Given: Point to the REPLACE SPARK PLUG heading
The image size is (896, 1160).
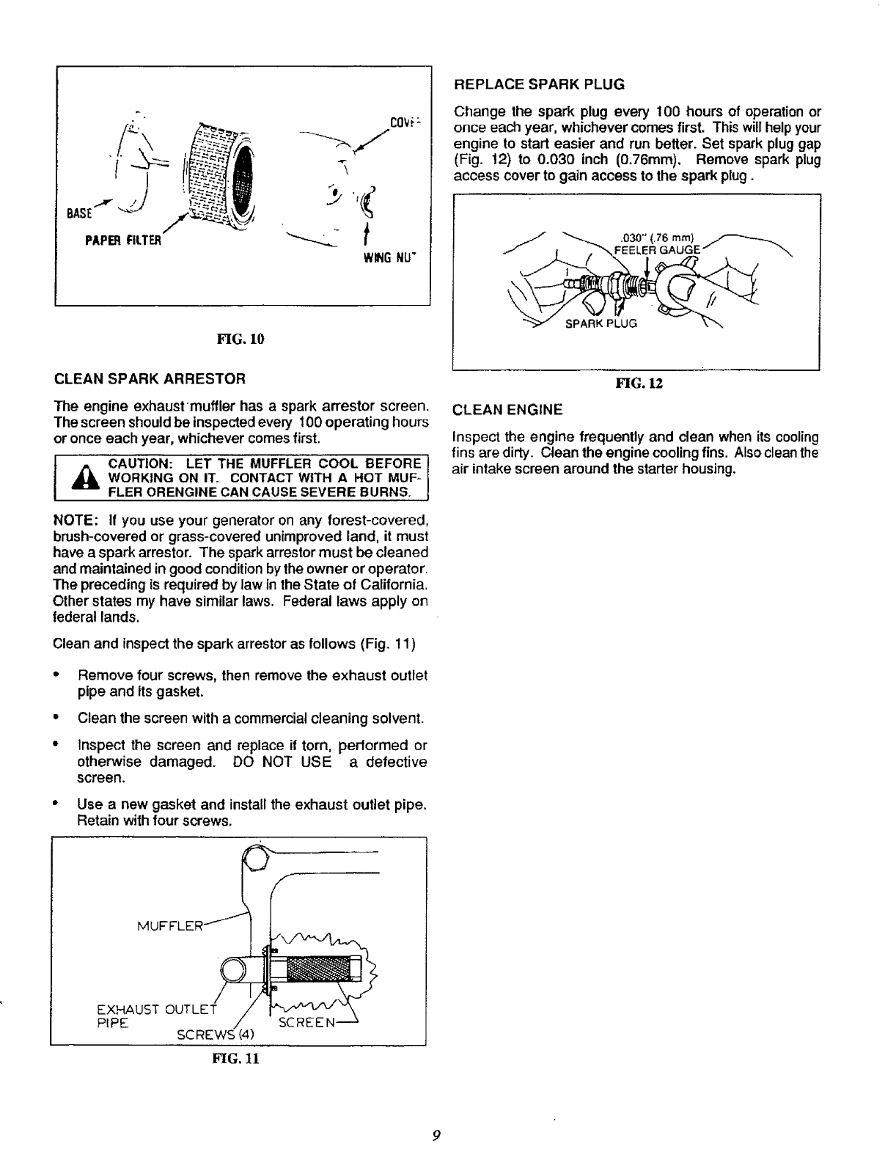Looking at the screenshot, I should click(x=540, y=84).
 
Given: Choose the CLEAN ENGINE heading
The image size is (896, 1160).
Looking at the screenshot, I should click(x=508, y=408).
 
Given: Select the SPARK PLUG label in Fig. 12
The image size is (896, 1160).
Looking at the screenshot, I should click(x=601, y=323).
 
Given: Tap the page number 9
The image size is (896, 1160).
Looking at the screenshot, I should click(x=436, y=1136).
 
